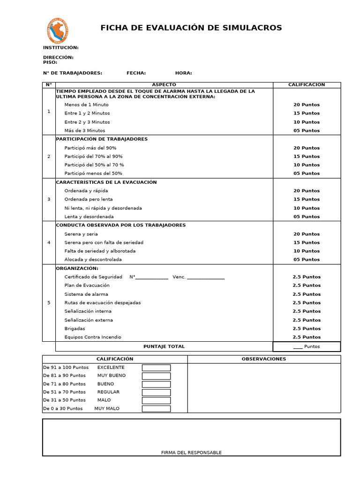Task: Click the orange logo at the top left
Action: [x=59, y=30]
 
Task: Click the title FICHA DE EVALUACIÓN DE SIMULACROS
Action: [x=191, y=28]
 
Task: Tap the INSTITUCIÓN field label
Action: [x=61, y=48]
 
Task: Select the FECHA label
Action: [x=136, y=73]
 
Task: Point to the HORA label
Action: [x=183, y=73]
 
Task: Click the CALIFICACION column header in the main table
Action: [x=307, y=85]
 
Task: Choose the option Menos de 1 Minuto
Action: [x=86, y=105]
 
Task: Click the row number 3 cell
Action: [x=49, y=199]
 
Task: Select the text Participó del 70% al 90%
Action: [x=94, y=157]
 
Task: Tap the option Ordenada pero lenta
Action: [x=89, y=199]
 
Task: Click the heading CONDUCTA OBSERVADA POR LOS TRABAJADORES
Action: [x=121, y=225]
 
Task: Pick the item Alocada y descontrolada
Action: [x=93, y=260]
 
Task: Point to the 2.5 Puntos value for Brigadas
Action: [x=307, y=329]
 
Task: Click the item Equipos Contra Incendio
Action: [x=93, y=337]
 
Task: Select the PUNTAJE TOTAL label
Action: [x=164, y=346]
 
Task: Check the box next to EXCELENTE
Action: [x=156, y=368]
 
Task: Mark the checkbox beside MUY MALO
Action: [x=156, y=409]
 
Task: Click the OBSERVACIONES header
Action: [x=264, y=359]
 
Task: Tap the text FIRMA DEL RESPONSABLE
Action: [x=191, y=453]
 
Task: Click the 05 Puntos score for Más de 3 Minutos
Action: [x=307, y=131]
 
